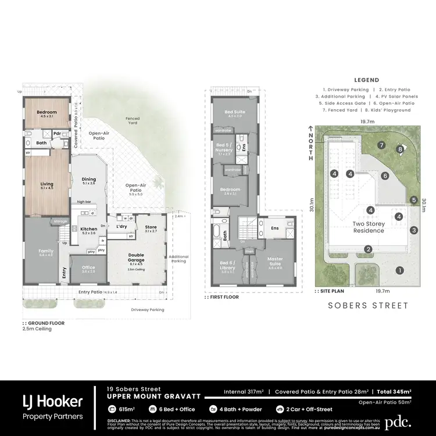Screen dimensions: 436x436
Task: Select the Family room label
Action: point(46,252)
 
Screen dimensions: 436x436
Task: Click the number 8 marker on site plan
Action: point(400,149)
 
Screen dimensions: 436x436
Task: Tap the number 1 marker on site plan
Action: point(399,270)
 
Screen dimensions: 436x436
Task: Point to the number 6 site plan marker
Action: point(385,175)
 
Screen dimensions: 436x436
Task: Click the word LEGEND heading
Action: point(366,80)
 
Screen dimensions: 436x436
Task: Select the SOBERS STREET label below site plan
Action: point(368,305)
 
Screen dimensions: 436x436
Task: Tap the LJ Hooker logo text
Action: point(52,401)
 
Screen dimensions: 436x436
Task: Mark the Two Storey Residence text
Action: point(369,227)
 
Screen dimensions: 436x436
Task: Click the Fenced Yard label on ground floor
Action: point(133,121)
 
